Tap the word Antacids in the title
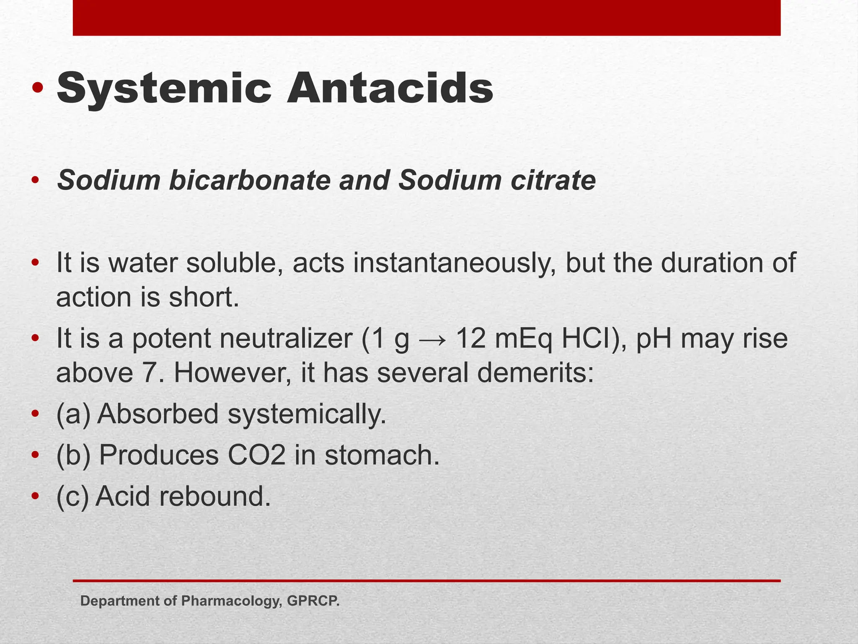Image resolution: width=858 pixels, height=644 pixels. [390, 88]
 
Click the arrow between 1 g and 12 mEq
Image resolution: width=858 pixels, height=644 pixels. [432, 339]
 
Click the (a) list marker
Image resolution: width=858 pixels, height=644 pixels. [73, 414]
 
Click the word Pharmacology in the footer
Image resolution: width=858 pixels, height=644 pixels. [230, 601]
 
